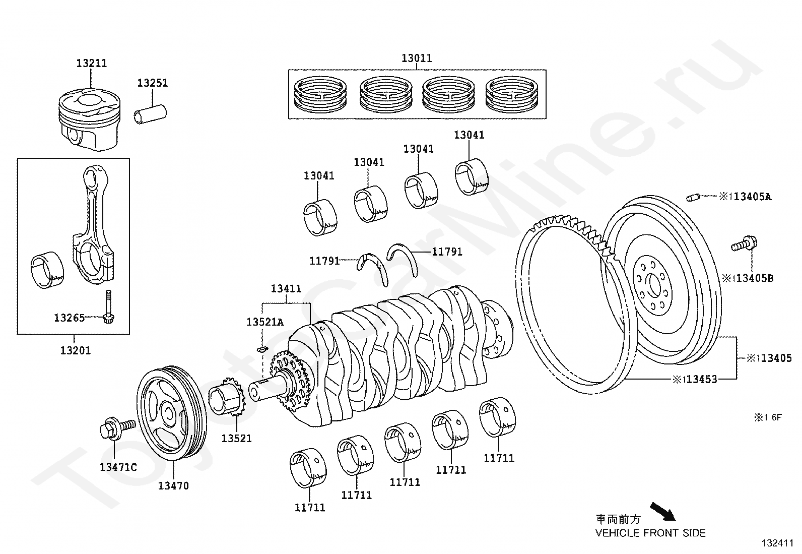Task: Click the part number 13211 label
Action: click(92, 64)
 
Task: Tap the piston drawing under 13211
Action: click(91, 119)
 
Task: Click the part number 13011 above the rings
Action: click(417, 58)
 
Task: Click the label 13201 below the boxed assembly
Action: click(76, 350)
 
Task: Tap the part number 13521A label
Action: click(265, 322)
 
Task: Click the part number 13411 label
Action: click(286, 289)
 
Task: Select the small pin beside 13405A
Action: click(694, 197)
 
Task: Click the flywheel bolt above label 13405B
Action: click(743, 245)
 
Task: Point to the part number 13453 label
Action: click(701, 379)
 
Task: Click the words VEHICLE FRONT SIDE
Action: click(650, 533)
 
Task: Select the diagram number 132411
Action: click(778, 543)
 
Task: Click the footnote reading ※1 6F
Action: click(767, 417)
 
